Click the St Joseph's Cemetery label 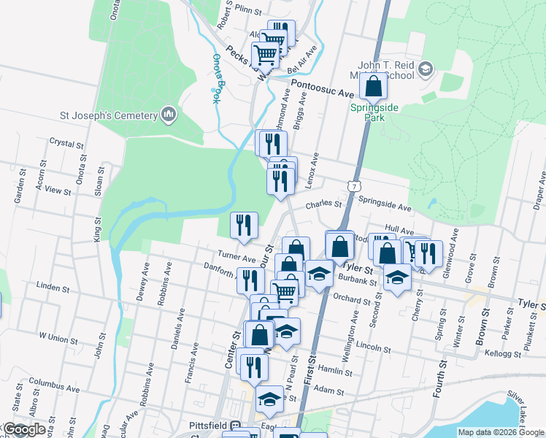109,115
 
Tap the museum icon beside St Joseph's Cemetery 169,115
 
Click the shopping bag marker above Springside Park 373,87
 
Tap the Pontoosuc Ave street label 323,90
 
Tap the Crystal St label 64,142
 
